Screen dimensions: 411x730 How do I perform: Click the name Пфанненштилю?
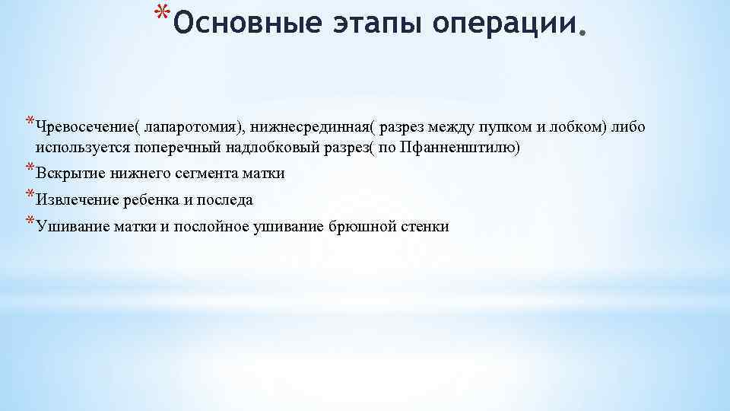(467, 148)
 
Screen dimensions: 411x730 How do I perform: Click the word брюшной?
(360, 227)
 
